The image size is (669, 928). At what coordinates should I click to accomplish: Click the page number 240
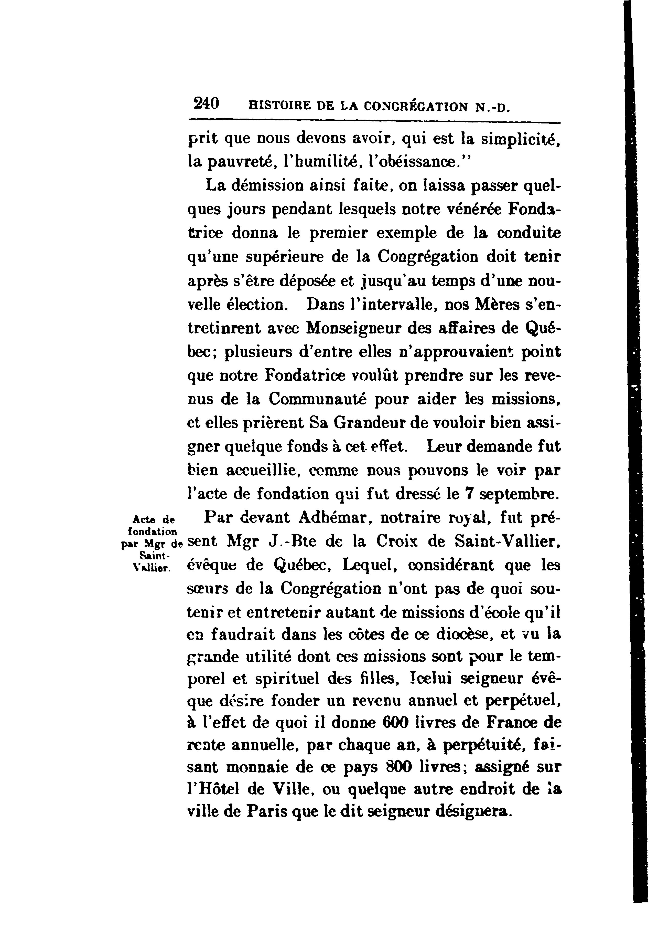tap(207, 103)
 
